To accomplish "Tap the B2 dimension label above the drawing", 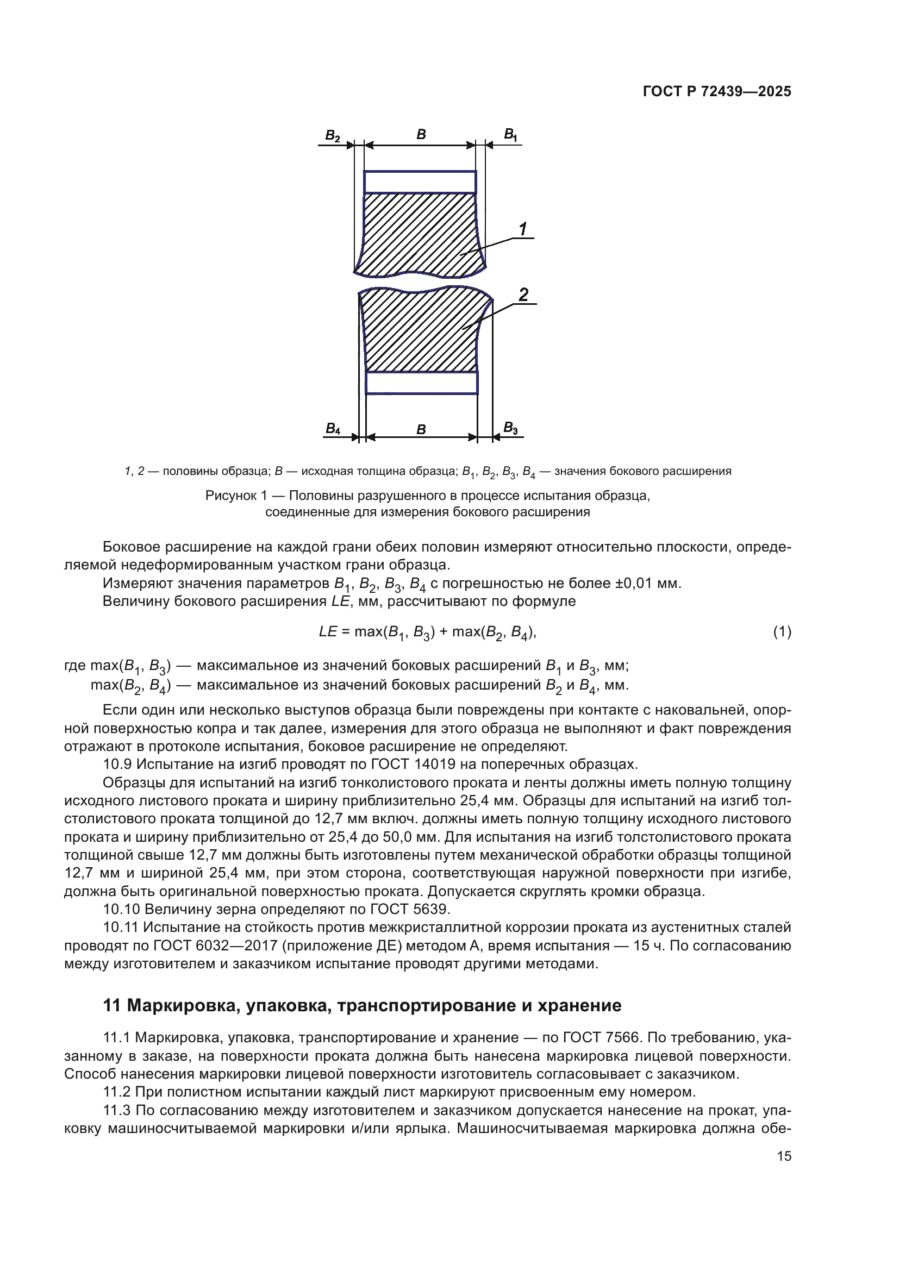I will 332,136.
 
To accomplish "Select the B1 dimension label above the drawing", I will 510,135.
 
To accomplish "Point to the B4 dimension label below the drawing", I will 333,428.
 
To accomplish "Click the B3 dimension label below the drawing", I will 510,427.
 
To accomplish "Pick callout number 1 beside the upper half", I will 522,229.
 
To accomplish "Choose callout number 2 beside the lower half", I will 523,295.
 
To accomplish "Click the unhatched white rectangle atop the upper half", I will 420,181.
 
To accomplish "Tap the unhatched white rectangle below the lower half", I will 421,383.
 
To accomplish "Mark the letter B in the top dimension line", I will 421,134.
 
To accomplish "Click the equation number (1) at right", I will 782,631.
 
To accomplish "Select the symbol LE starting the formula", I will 328,631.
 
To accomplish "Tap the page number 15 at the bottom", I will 784,1156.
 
